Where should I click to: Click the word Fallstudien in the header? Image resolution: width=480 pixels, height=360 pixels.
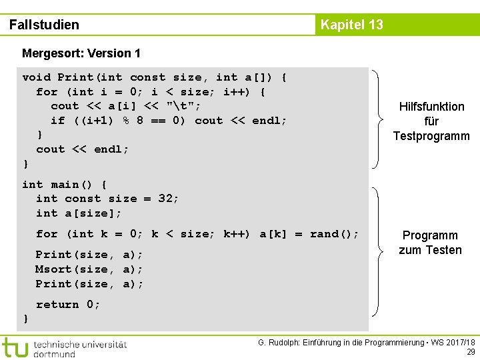(44, 25)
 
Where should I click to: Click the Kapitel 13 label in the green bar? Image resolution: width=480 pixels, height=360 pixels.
(351, 25)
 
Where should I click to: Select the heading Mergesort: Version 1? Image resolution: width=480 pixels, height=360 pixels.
(81, 53)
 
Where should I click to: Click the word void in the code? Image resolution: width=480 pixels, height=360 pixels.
(36, 77)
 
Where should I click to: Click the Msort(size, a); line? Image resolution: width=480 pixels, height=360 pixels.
(89, 269)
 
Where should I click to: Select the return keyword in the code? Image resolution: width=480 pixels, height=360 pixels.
(57, 304)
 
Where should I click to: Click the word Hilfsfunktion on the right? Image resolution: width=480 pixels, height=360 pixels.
(431, 107)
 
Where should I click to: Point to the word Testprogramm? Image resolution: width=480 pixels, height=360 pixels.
(431, 136)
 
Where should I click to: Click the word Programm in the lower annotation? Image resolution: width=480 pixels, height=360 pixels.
(430, 235)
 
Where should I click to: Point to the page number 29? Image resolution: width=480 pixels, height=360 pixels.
(470, 352)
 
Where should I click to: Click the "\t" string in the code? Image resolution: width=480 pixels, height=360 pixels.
(187, 106)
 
